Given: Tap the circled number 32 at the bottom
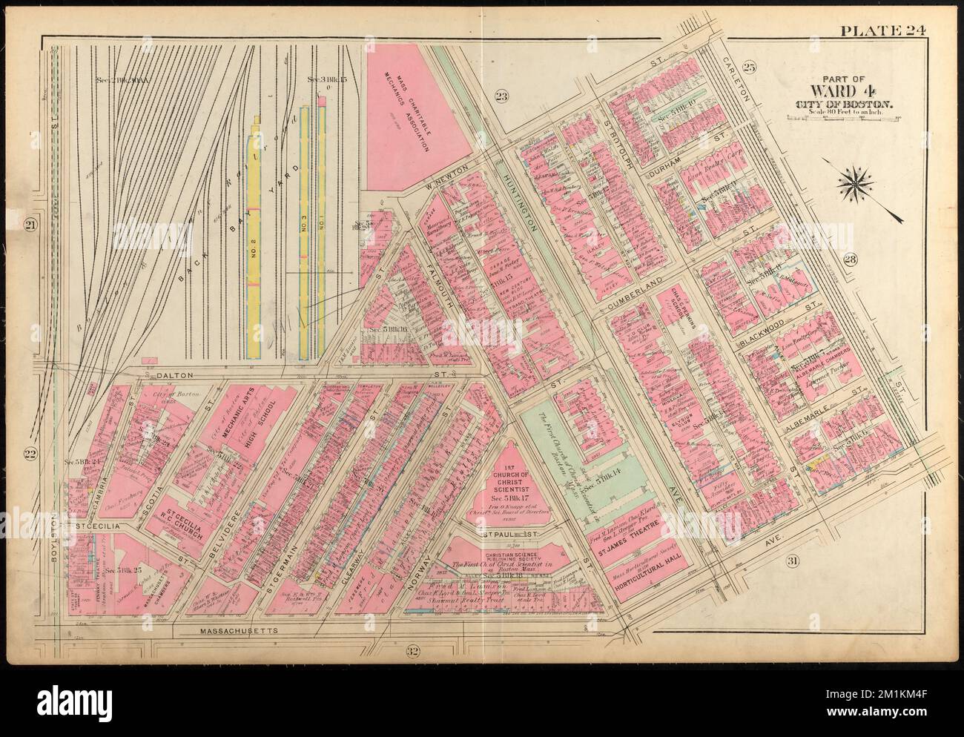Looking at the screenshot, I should coord(413,652).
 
